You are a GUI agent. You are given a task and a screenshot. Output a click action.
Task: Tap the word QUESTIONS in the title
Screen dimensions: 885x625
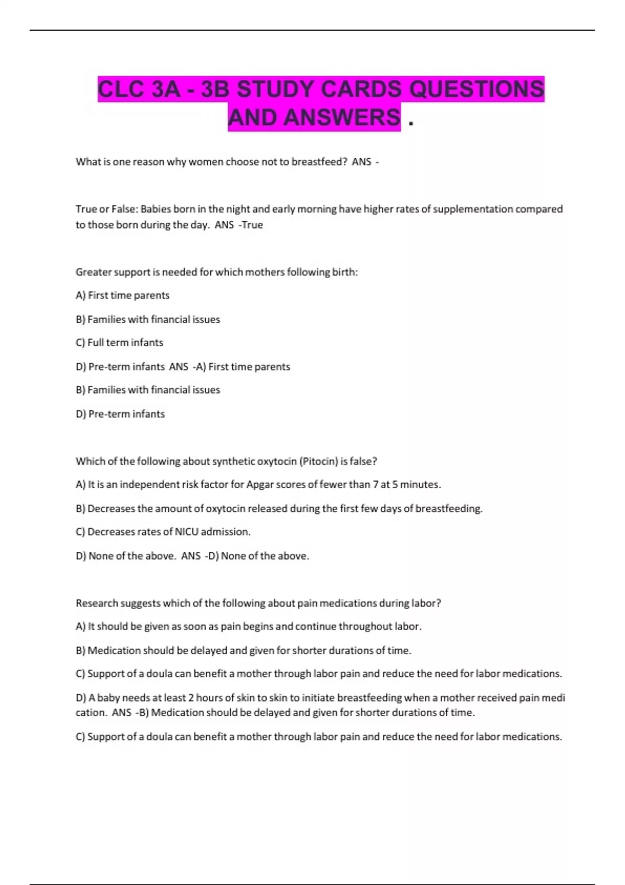[x=477, y=90]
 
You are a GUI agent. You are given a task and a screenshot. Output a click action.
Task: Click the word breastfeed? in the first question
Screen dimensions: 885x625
[x=319, y=162]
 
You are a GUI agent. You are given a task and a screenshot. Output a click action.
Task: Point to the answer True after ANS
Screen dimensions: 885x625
[x=253, y=225]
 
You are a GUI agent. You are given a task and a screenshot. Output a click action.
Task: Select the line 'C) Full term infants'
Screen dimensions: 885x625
[x=119, y=343]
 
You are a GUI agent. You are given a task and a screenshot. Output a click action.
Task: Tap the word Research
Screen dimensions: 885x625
[x=97, y=603]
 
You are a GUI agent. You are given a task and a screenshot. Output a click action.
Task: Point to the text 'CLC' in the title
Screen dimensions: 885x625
[x=120, y=90]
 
